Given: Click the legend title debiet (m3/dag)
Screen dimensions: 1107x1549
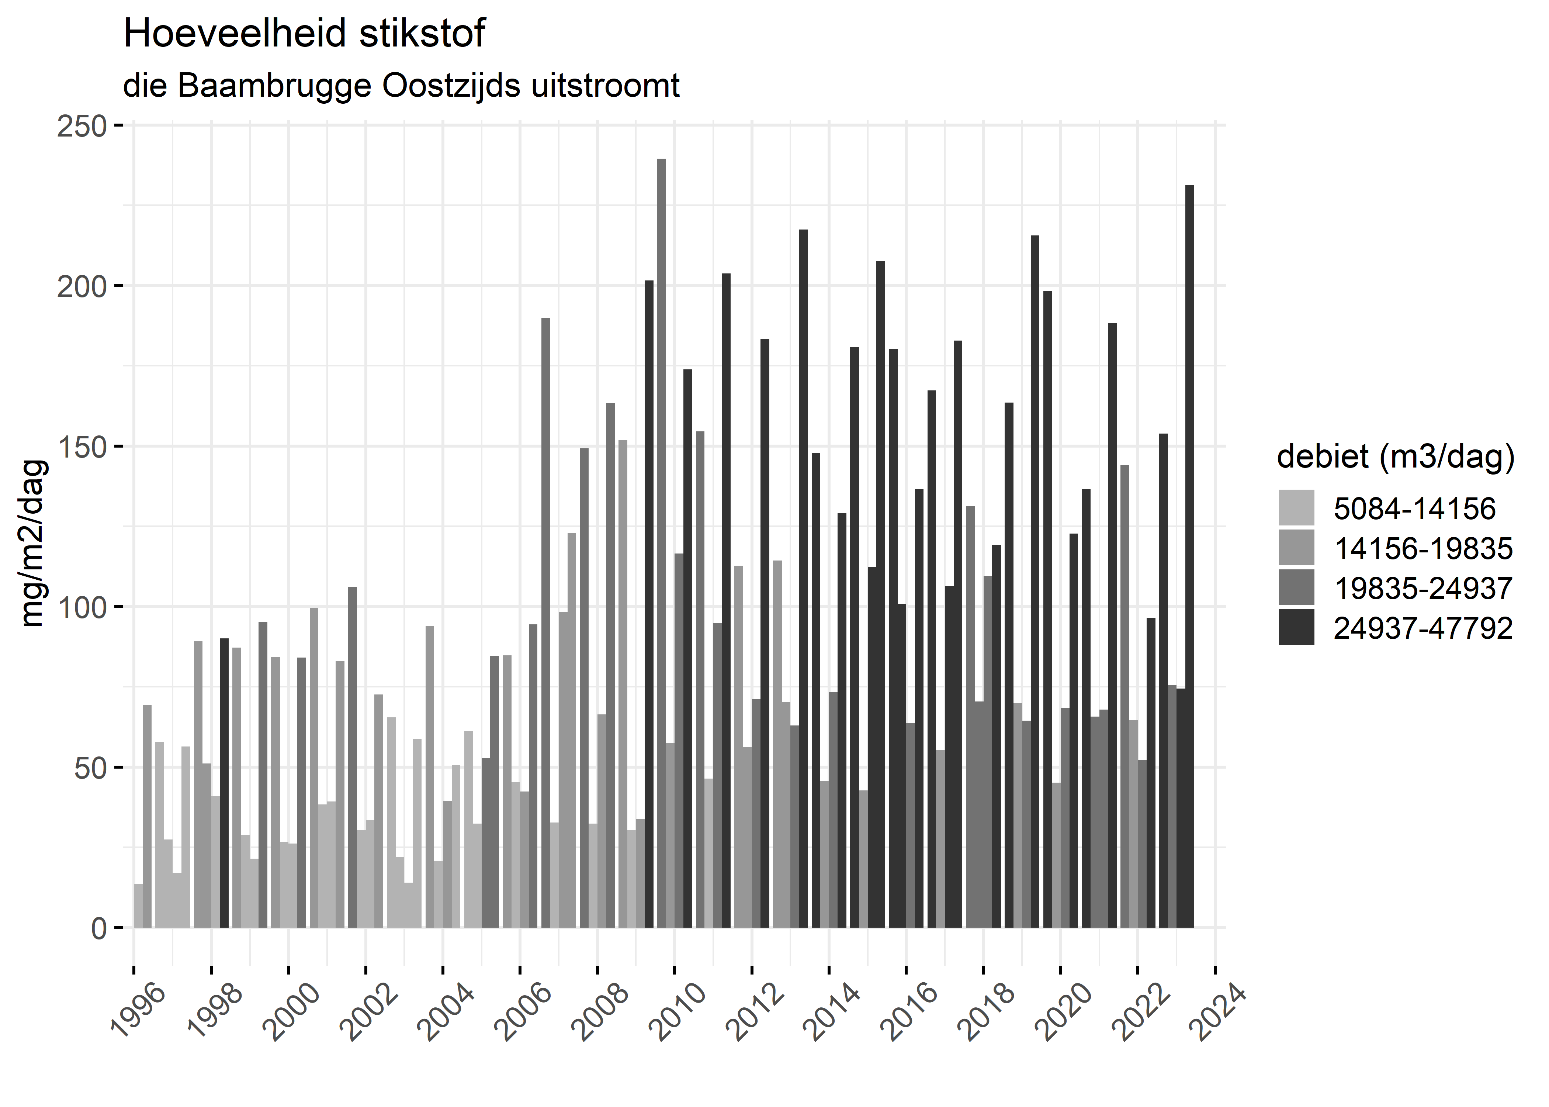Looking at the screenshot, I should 1396,457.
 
